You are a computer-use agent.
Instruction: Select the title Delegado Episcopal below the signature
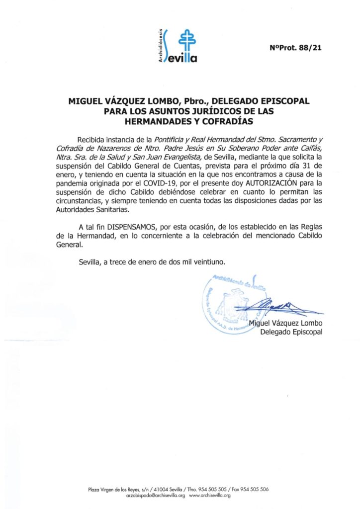[x=291, y=332]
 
